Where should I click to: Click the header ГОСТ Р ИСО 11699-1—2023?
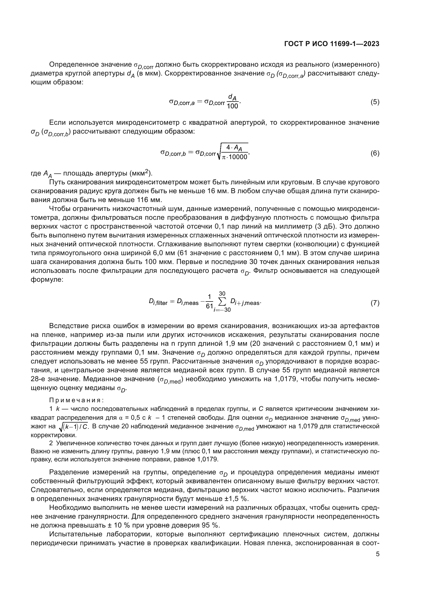point(331,44)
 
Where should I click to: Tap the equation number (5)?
point(375,102)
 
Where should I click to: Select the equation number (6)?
point(375,153)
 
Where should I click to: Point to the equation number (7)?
point(375,303)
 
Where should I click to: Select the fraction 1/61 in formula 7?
point(210,302)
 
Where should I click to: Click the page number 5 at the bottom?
point(377,554)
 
